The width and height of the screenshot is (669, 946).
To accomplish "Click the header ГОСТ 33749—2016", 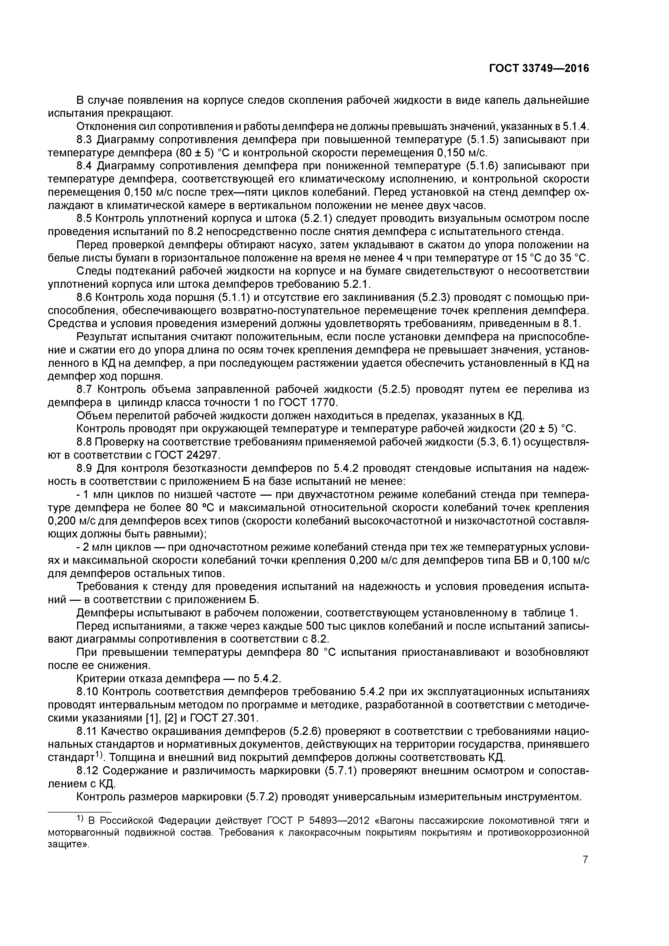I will pyautogui.click(x=539, y=68).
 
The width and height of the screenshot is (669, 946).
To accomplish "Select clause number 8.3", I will pyautogui.click(x=85, y=140).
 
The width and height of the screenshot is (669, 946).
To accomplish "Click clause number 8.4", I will pyautogui.click(x=85, y=166).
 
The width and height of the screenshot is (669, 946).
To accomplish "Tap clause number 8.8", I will pyautogui.click(x=85, y=442).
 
